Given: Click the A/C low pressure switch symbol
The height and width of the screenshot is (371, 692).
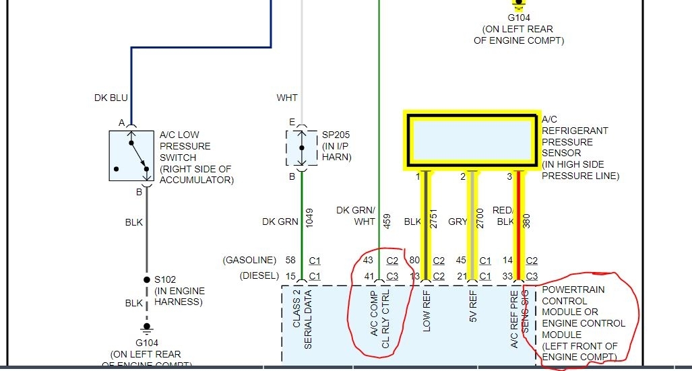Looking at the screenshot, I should (131, 156).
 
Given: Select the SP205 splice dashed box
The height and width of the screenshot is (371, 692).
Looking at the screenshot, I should (302, 148).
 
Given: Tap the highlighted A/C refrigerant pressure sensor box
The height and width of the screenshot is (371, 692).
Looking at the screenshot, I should (472, 140).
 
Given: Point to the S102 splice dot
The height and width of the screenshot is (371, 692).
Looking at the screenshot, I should (146, 279).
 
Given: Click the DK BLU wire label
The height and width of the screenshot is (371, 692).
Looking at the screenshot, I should (111, 98).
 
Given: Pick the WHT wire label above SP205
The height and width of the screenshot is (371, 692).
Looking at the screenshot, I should (287, 98).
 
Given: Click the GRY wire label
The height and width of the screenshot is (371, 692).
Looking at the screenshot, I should (458, 222).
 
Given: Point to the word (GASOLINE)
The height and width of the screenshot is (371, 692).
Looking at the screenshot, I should (249, 260).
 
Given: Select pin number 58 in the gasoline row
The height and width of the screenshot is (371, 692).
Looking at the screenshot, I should (290, 260).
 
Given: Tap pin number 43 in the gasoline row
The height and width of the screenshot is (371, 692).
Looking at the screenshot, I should (368, 260).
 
